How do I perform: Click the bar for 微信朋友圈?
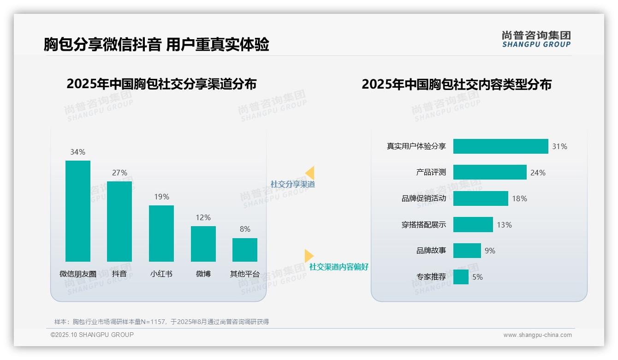click(78, 211)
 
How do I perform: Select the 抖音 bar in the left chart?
click(119, 222)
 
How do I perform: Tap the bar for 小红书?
click(161, 234)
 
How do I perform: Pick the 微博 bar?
click(203, 244)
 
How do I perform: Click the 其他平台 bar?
click(245, 250)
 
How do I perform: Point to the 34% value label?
click(78, 152)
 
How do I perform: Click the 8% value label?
click(245, 229)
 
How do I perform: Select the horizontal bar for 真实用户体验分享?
click(500, 146)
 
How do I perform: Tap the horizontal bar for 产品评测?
click(490, 172)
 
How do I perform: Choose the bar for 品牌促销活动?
click(481, 198)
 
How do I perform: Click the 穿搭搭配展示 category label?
click(424, 225)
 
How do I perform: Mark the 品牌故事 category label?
click(431, 251)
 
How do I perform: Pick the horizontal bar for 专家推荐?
click(461, 277)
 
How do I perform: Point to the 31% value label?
click(559, 146)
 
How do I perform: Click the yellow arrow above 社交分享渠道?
click(309, 173)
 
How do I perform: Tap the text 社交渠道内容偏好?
click(339, 267)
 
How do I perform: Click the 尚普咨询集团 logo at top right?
click(536, 39)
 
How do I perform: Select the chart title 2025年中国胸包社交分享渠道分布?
click(161, 84)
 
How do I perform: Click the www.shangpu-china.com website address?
click(537, 335)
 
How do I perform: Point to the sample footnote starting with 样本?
click(161, 322)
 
